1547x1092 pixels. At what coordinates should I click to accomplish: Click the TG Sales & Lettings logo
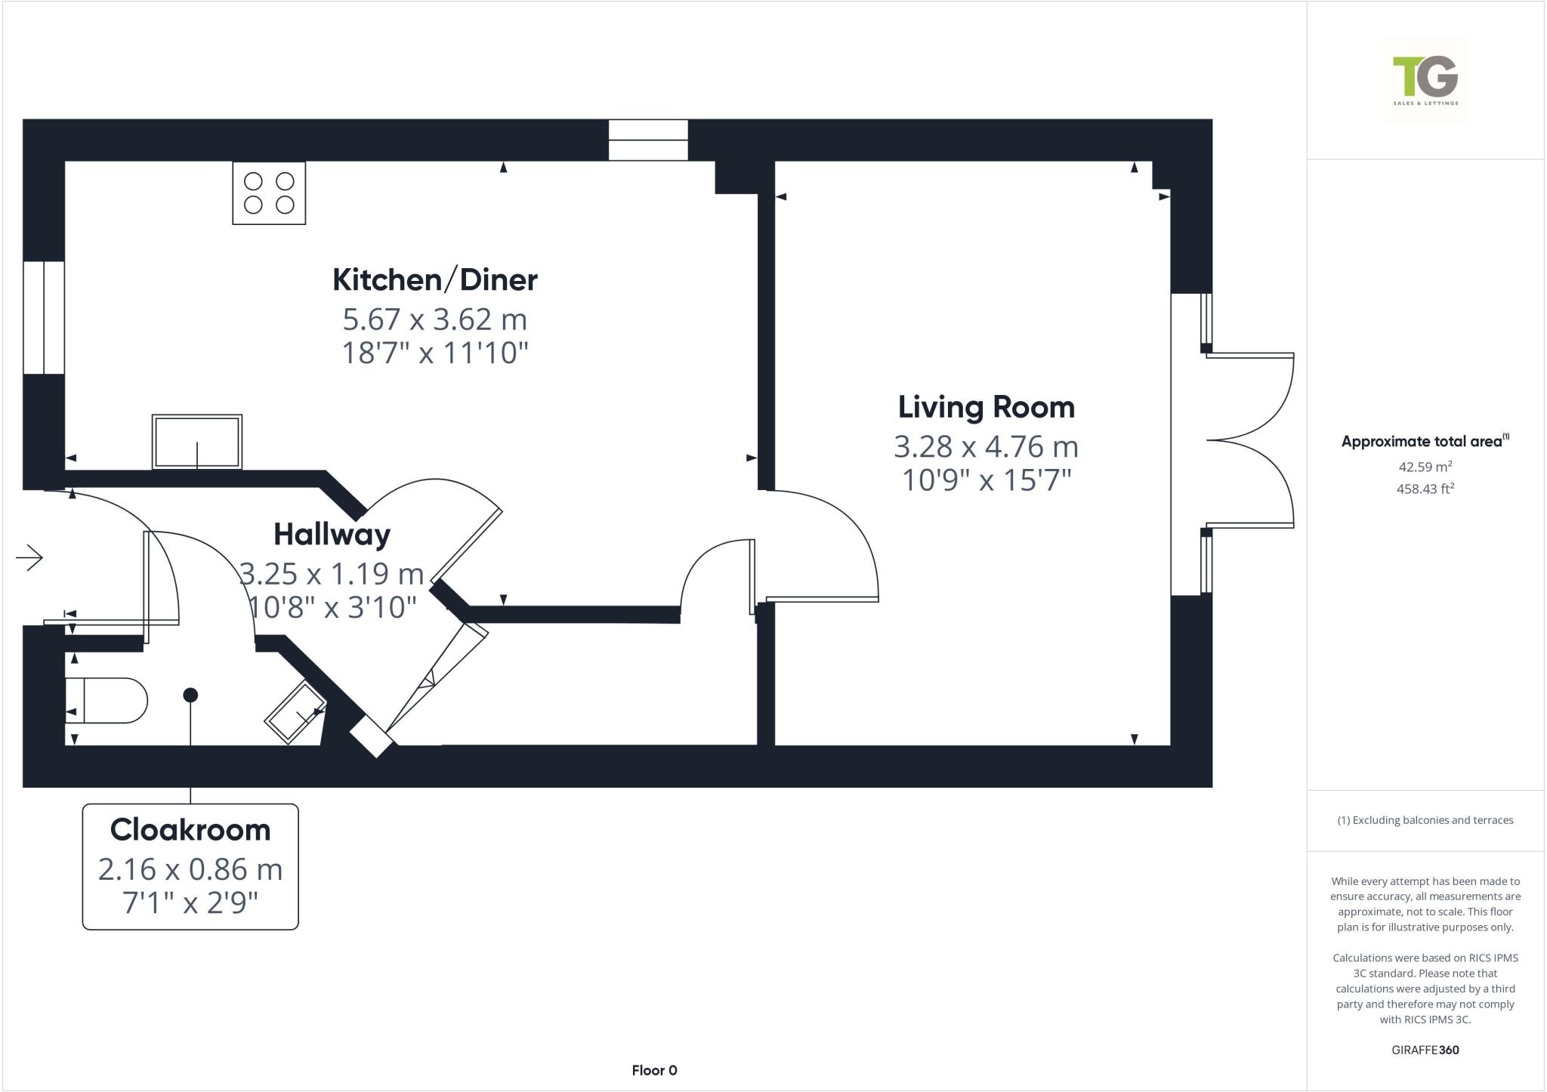pyautogui.click(x=1425, y=80)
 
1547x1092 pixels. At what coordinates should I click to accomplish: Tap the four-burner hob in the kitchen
pyautogui.click(x=269, y=193)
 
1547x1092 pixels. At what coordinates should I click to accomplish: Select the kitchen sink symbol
pyautogui.click(x=197, y=442)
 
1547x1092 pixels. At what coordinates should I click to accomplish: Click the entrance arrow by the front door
pyautogui.click(x=29, y=558)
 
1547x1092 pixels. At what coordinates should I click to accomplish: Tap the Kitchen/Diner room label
pyautogui.click(x=435, y=280)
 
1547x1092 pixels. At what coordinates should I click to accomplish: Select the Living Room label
pyautogui.click(x=986, y=408)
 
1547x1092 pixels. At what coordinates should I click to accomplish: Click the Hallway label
pyautogui.click(x=332, y=535)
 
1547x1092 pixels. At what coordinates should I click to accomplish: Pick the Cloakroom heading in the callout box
pyautogui.click(x=190, y=830)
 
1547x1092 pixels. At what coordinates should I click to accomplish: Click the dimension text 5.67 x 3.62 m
pyautogui.click(x=435, y=319)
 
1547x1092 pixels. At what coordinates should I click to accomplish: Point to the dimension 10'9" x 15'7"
pyautogui.click(x=987, y=480)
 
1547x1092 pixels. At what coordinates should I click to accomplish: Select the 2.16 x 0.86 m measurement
pyautogui.click(x=190, y=870)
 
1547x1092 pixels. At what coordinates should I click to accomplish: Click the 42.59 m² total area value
pyautogui.click(x=1425, y=467)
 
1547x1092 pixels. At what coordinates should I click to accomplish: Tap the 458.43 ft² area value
pyautogui.click(x=1425, y=489)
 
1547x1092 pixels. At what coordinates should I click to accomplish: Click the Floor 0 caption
pyautogui.click(x=654, y=1070)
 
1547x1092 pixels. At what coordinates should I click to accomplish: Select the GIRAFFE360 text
pyautogui.click(x=1425, y=1050)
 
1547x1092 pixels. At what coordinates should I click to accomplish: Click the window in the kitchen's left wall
pyautogui.click(x=43, y=317)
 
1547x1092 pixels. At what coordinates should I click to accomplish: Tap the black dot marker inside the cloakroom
pyautogui.click(x=190, y=695)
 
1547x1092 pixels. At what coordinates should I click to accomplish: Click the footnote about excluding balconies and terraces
pyautogui.click(x=1425, y=820)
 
